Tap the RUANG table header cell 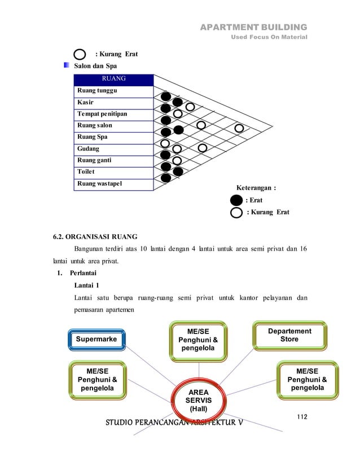pyautogui.click(x=113, y=78)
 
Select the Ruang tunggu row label pyautogui.click(x=113, y=90)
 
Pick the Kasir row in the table pyautogui.click(x=113, y=102)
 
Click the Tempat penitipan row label pyautogui.click(x=113, y=114)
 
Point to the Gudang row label pyautogui.click(x=113, y=149)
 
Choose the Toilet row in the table pyautogui.click(x=113, y=172)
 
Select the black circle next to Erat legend pyautogui.click(x=237, y=200)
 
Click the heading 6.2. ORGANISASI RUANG pyautogui.click(x=94, y=237)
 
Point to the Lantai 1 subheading pyautogui.click(x=88, y=285)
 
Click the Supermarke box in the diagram pyautogui.click(x=98, y=339)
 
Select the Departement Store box pyautogui.click(x=289, y=335)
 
